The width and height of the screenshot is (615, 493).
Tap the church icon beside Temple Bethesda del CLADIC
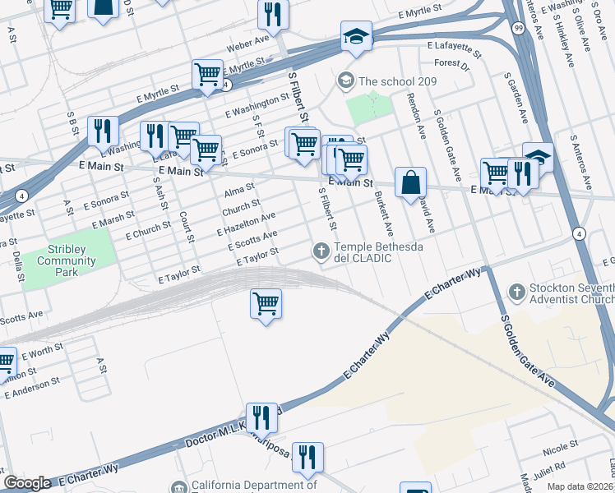321,250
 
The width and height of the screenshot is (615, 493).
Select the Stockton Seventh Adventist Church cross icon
517,291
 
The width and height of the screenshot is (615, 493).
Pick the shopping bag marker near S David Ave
410,183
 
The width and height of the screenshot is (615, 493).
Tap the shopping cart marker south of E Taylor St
266,303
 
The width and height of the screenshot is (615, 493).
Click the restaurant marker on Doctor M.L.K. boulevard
261,417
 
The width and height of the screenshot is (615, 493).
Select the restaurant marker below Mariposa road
307,457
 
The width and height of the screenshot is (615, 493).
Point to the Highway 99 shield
516,27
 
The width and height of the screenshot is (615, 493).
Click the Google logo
27,483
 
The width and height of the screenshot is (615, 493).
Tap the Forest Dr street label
451,63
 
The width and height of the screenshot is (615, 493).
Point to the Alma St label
238,192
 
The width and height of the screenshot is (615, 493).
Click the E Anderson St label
33,387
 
